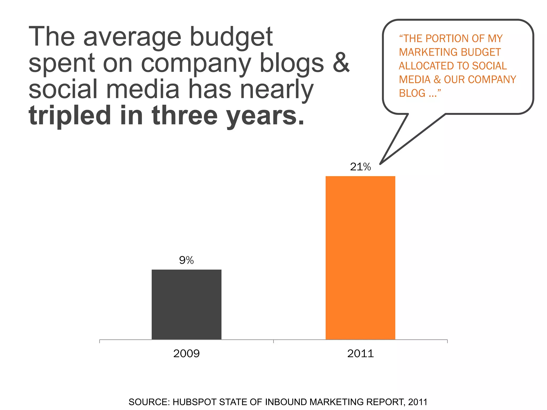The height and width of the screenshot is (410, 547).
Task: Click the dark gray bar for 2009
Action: (x=186, y=304)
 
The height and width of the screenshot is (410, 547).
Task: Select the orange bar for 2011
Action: (x=360, y=258)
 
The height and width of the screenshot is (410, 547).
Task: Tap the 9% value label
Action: (x=186, y=260)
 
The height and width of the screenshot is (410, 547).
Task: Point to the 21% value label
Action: (x=360, y=167)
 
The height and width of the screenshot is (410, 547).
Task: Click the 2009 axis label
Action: (x=186, y=354)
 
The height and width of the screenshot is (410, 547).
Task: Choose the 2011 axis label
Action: (x=360, y=354)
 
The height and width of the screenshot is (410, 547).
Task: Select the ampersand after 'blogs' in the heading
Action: (x=341, y=63)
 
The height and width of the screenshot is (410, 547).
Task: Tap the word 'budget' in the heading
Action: (x=231, y=37)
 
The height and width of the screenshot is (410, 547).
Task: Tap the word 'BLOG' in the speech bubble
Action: (x=412, y=93)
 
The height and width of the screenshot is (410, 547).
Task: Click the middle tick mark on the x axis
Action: (x=273, y=341)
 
